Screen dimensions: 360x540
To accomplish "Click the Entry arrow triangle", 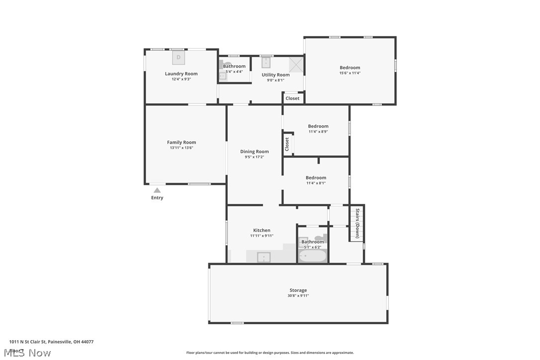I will tap(157, 190).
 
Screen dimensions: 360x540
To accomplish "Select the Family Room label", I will tap(181, 142).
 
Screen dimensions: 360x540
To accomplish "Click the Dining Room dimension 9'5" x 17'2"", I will tap(254, 157).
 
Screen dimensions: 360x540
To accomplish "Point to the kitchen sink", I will tap(264, 257).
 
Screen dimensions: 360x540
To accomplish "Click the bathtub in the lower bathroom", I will tap(312, 256).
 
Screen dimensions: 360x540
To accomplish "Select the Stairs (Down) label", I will tap(357, 224).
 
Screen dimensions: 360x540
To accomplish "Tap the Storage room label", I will tap(298, 290).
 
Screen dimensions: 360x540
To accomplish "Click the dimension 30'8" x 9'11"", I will tap(298, 296).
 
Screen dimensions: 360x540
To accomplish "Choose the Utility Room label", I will tap(275, 75).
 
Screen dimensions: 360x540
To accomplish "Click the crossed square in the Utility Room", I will tap(296, 64).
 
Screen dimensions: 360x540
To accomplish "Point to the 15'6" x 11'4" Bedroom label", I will tap(350, 68).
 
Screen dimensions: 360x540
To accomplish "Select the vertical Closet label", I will tap(287, 144).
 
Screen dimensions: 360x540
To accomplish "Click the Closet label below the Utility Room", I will tap(292, 98).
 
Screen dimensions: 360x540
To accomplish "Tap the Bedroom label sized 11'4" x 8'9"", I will tap(318, 126).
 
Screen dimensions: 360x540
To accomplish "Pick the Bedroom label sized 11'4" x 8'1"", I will tap(316, 178).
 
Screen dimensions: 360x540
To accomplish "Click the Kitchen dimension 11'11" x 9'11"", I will tap(262, 236).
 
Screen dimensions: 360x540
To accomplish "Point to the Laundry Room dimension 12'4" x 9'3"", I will tap(181, 79).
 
